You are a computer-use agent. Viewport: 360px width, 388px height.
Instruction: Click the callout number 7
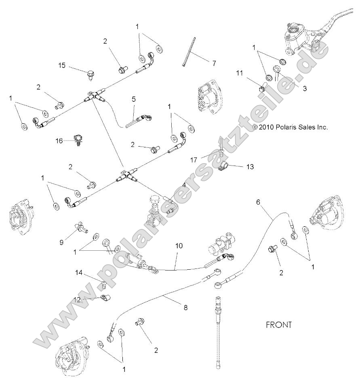pyautogui.click(x=214, y=63)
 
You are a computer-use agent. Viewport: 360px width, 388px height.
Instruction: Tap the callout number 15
pyautogui.click(x=62, y=65)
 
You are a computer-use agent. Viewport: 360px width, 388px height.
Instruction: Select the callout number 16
pyautogui.click(x=59, y=141)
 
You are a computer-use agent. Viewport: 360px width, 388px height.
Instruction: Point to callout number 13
pyautogui.click(x=250, y=166)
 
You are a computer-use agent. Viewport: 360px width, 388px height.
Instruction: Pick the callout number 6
pyautogui.click(x=258, y=203)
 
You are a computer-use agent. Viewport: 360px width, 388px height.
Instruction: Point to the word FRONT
pyautogui.click(x=278, y=325)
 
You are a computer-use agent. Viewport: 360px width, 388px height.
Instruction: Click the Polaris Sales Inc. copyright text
pyautogui.click(x=290, y=127)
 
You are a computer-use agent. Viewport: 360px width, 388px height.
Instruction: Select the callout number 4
pyautogui.click(x=184, y=185)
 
